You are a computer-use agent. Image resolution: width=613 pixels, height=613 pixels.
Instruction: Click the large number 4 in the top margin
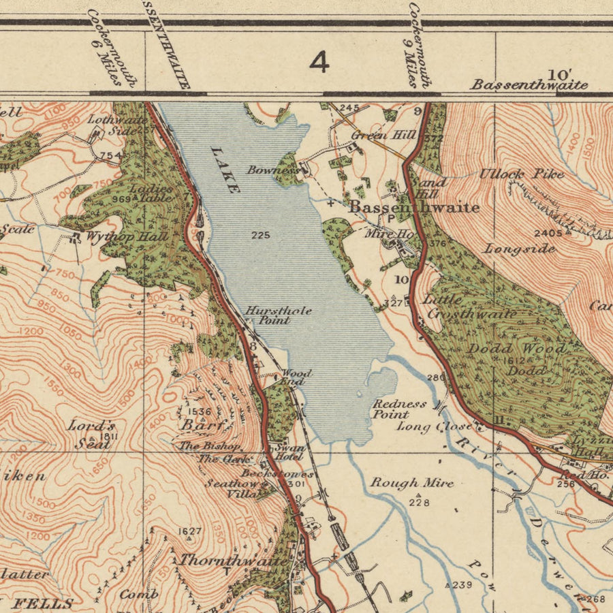[319, 62]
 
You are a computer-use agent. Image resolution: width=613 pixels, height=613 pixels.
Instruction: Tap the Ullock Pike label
[521, 174]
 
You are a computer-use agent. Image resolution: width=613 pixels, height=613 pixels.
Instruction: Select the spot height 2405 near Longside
[548, 233]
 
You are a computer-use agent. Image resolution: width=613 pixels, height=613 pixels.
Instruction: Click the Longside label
[520, 249]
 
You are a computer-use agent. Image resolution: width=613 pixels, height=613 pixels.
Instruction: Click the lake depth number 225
[260, 236]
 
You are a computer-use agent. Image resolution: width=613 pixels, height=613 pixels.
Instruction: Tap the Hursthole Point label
[268, 315]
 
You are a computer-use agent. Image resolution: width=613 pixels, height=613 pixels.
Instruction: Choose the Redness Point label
[400, 409]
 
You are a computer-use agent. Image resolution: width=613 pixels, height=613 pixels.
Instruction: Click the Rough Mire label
[411, 483]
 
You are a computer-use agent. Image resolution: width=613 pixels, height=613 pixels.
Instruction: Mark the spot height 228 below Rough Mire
[419, 502]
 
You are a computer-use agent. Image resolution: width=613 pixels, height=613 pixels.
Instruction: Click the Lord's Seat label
[91, 434]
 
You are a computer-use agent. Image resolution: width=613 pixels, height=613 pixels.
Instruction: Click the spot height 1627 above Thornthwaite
[190, 531]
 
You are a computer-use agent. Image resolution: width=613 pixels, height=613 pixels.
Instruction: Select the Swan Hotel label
[289, 452]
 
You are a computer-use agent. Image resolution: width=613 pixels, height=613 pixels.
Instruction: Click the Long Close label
[435, 427]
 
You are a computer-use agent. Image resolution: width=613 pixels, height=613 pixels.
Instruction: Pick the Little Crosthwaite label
[470, 306]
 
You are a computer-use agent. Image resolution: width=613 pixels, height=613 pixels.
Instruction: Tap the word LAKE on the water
[225, 170]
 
